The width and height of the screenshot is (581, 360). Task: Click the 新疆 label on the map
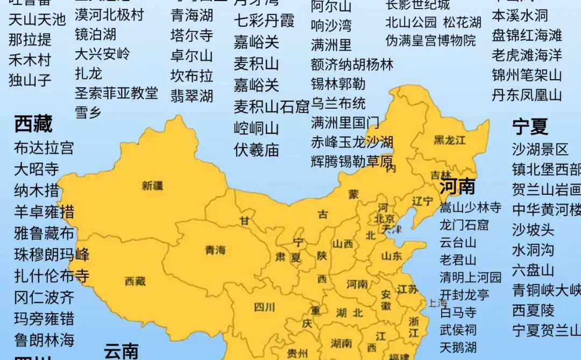point(152,186)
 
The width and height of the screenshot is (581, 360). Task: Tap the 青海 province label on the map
point(216,250)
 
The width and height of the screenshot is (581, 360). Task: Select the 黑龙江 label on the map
point(450,140)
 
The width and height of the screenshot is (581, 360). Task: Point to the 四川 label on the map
point(264,307)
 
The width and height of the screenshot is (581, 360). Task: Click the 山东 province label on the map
point(392,256)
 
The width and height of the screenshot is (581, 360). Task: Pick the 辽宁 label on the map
point(422,202)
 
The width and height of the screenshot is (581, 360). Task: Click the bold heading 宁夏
point(530,127)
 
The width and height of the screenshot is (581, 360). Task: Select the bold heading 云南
point(121,351)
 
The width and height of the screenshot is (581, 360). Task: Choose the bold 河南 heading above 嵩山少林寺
point(458,186)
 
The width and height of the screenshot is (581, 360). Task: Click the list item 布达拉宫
point(44,147)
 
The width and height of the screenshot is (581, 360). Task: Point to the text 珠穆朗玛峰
point(52,254)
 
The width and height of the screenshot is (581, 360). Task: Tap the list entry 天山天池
point(37,20)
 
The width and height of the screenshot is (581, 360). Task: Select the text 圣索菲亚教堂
point(116,93)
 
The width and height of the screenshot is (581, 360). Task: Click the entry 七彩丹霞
point(264,20)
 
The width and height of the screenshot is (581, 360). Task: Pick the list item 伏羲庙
point(257,150)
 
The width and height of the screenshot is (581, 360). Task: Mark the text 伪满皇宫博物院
point(431,40)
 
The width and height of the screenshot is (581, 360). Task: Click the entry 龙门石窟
point(464,224)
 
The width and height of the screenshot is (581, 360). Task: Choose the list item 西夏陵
point(533,310)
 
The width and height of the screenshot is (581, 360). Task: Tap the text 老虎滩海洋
point(527,55)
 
